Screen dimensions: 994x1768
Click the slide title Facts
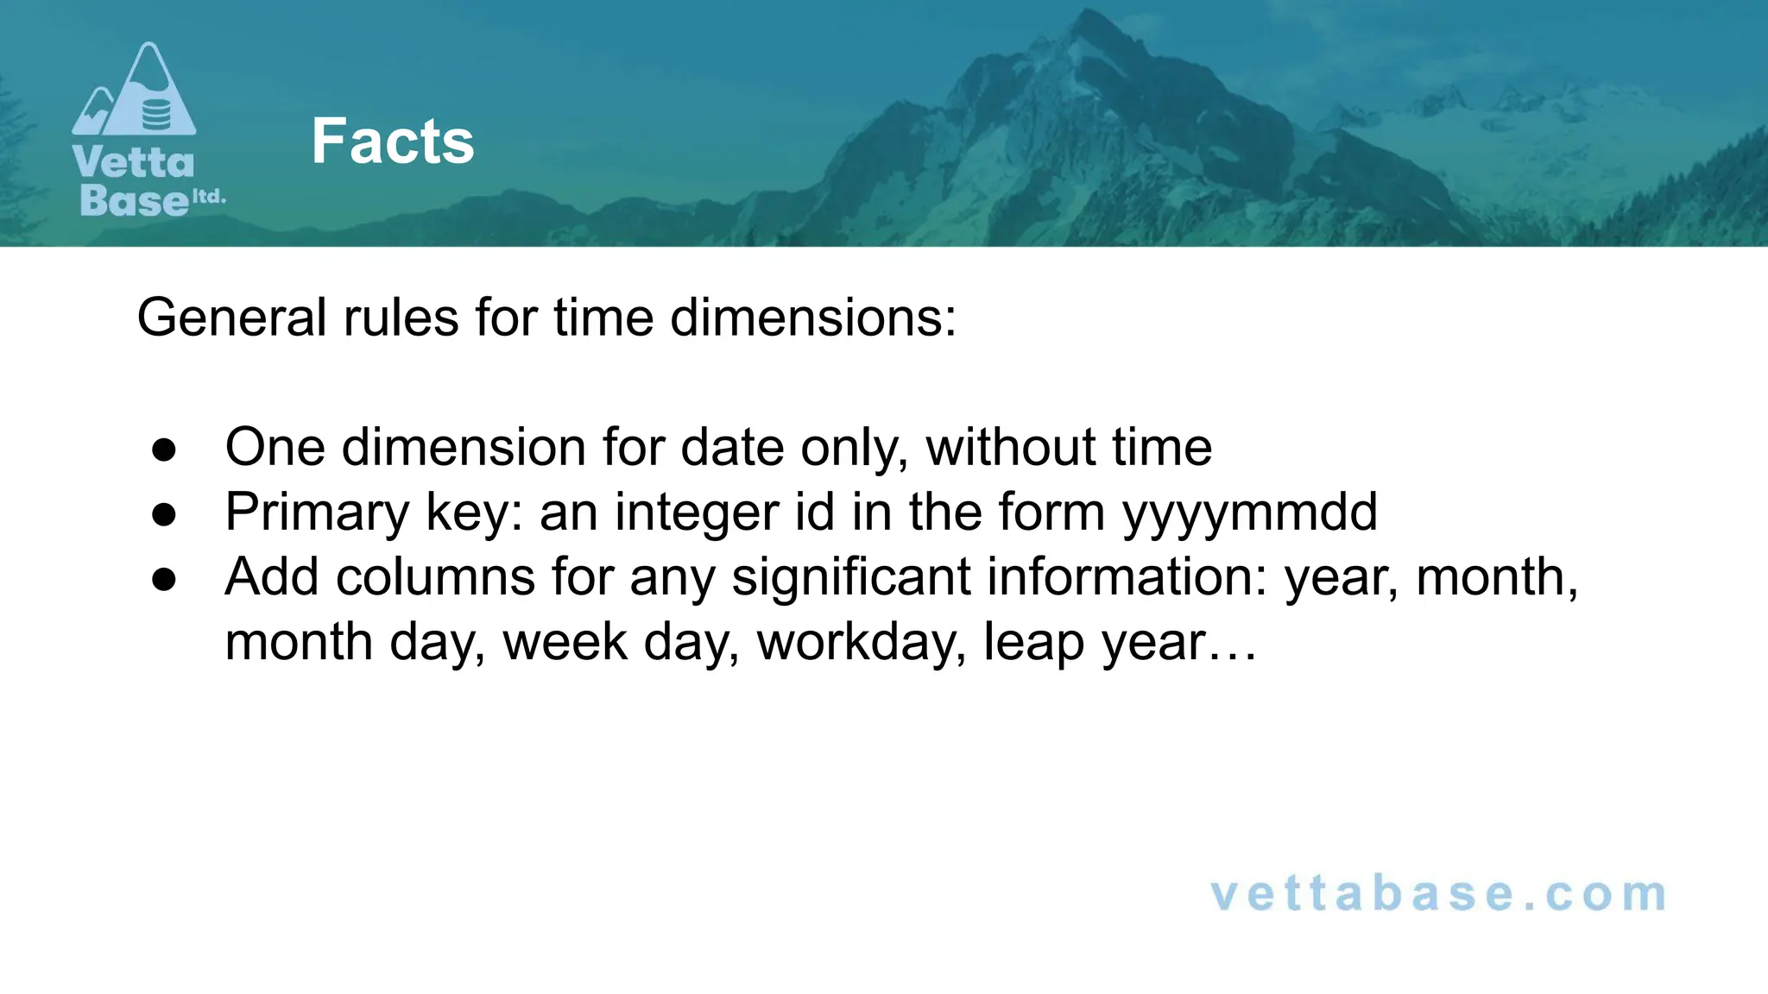[393, 141]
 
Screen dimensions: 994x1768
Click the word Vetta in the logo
[134, 162]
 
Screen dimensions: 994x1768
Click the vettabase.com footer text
[1438, 893]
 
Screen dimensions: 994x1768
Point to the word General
[231, 318]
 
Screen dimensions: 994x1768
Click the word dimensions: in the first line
[813, 318]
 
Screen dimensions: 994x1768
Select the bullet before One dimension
[164, 449]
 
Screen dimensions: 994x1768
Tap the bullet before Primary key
[164, 514]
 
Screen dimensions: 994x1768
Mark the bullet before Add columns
[164, 579]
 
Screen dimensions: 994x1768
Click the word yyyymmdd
[1249, 513]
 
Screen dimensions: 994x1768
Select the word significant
[851, 577]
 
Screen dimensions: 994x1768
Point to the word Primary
[317, 513]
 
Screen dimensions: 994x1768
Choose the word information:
[1127, 577]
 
